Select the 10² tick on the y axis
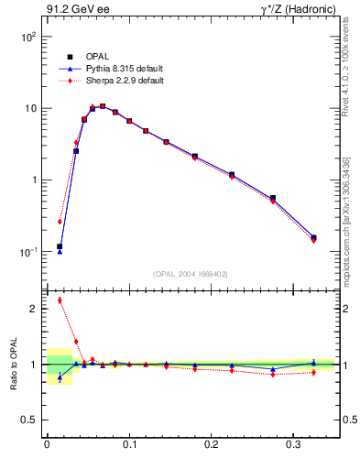27,37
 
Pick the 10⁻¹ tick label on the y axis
27,252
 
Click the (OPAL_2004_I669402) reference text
191,273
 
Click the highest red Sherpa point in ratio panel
60,300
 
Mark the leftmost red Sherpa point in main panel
60,222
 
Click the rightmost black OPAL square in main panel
313,238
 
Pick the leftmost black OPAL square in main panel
60,246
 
